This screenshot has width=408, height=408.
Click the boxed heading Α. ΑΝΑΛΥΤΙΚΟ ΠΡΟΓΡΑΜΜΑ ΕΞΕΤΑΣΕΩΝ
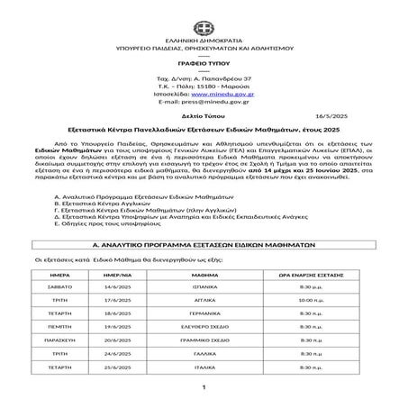point(204,245)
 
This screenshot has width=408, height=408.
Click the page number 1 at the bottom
point(204,388)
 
